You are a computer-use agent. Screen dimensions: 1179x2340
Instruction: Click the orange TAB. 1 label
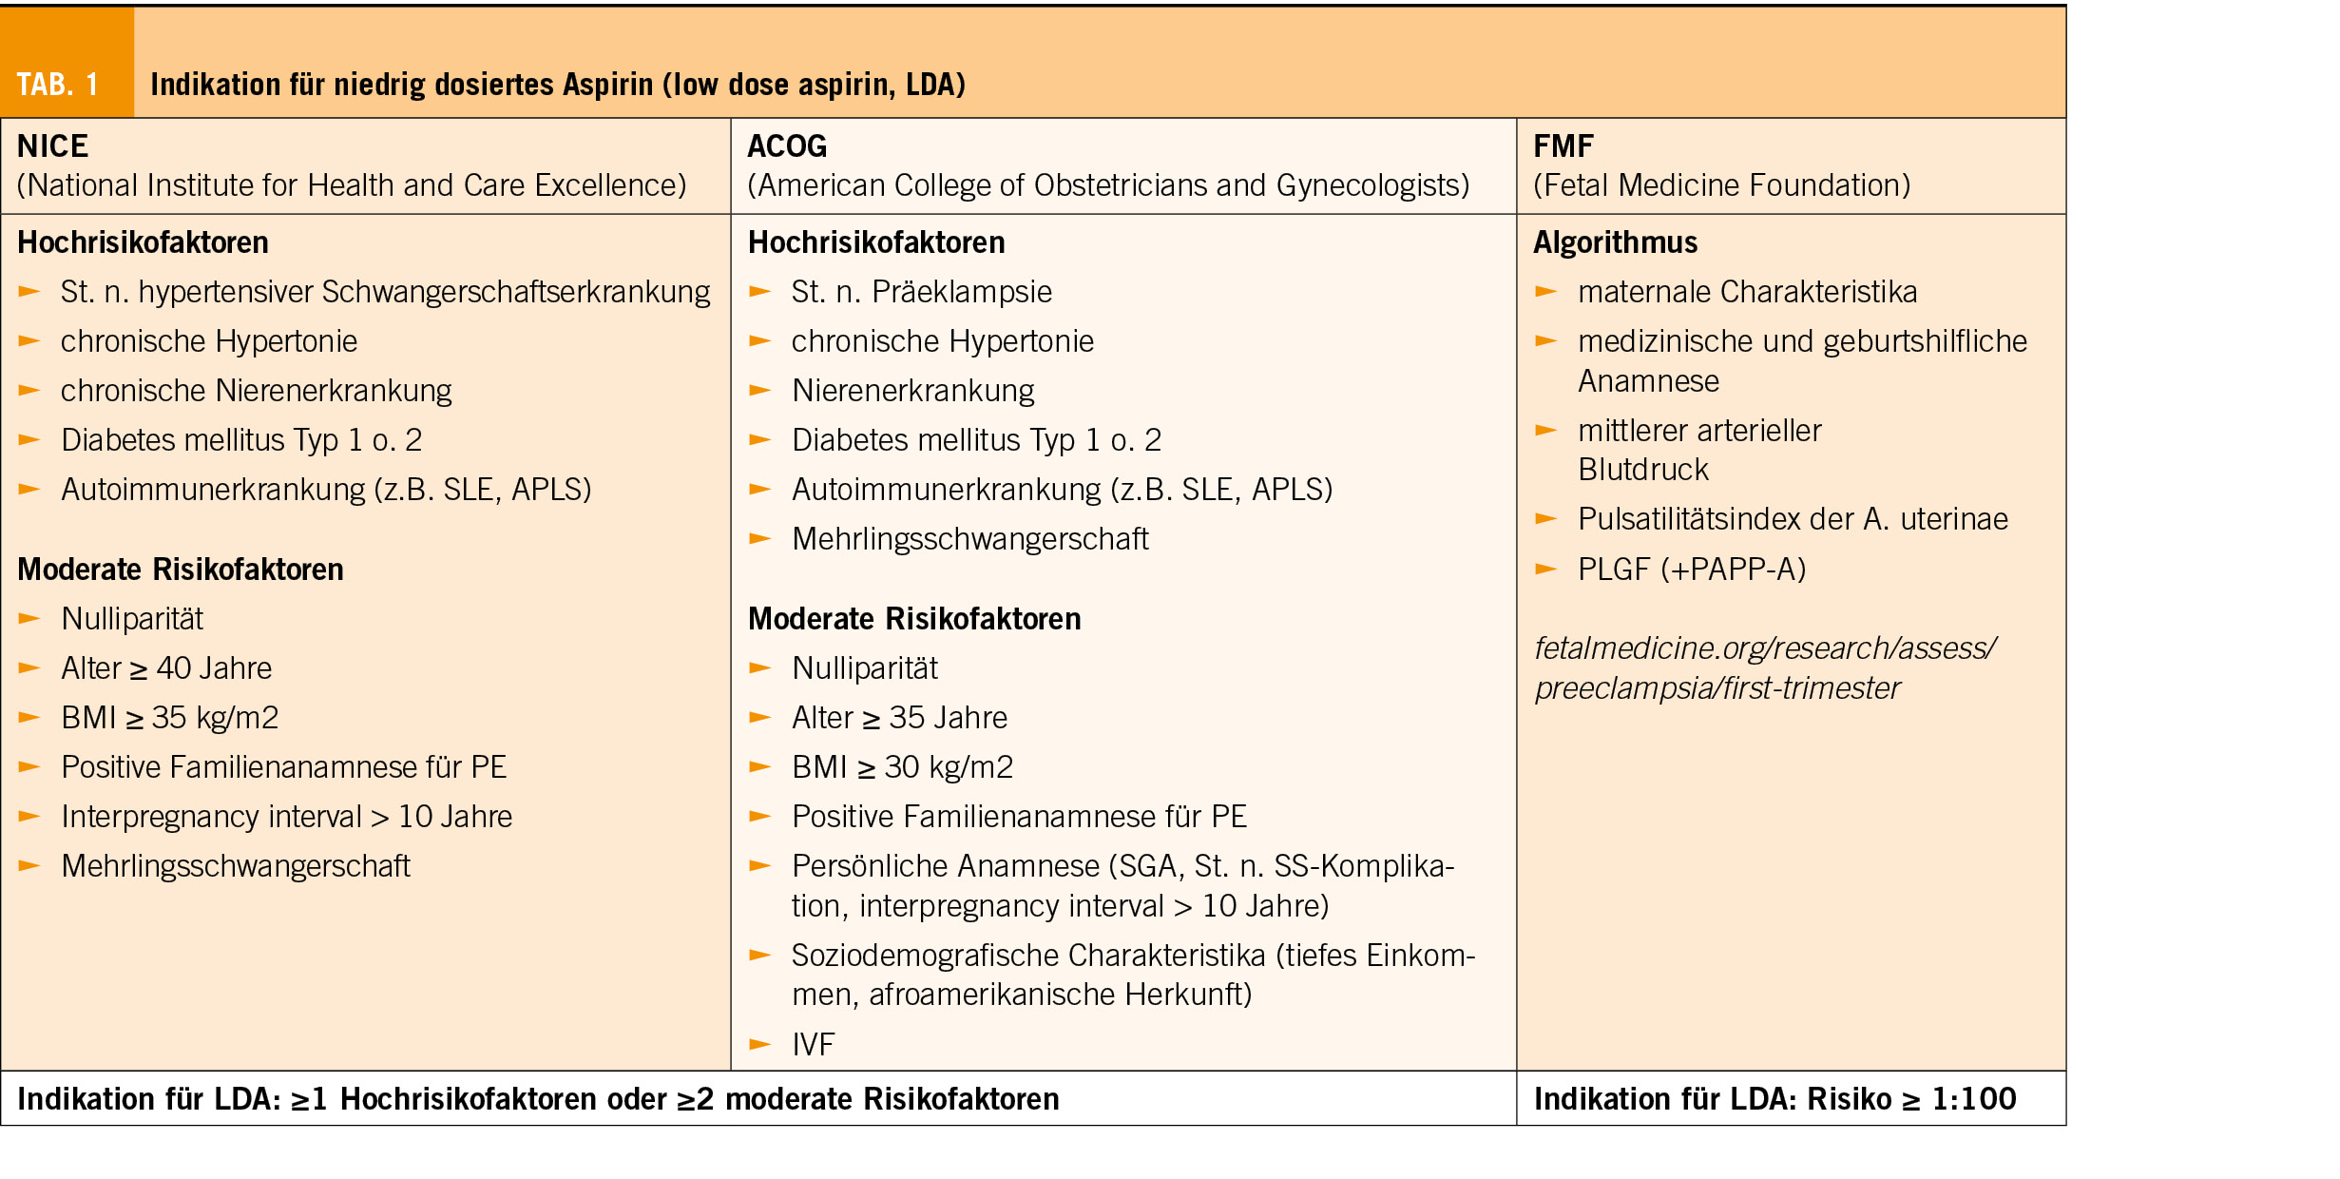point(58,85)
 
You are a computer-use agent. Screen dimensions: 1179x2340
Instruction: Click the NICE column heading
point(53,146)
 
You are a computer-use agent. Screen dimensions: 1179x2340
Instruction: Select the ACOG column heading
point(787,146)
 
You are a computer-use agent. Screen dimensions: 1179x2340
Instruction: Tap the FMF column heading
point(1563,146)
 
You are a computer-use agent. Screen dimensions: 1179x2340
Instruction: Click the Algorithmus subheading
point(1615,242)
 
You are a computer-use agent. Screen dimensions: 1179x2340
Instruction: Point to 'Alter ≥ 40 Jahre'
point(166,668)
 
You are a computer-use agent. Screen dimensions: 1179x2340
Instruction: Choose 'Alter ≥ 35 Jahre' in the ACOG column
point(899,718)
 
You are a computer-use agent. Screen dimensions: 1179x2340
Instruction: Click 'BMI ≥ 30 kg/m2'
point(902,767)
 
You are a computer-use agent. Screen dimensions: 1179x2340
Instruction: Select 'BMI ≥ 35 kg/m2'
point(169,718)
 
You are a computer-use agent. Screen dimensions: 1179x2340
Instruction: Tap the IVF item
point(813,1045)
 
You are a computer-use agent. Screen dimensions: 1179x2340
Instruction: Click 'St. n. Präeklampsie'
point(921,292)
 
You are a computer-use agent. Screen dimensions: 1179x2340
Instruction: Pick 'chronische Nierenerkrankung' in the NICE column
point(256,391)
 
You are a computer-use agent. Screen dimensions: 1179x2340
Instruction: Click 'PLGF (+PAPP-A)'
point(1692,570)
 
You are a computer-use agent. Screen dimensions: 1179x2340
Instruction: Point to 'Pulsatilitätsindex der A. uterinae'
point(1793,519)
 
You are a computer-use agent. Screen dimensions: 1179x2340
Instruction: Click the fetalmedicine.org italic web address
point(1764,667)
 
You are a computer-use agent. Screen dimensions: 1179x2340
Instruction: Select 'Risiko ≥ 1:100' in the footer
point(1910,1099)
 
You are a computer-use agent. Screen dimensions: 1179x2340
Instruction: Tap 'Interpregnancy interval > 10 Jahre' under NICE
point(286,817)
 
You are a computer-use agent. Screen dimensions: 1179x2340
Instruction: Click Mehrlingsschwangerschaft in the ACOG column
point(969,539)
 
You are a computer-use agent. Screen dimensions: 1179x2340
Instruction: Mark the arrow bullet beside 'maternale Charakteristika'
point(1546,292)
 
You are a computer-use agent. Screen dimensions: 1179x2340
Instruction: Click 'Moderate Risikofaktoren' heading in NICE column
point(181,570)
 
